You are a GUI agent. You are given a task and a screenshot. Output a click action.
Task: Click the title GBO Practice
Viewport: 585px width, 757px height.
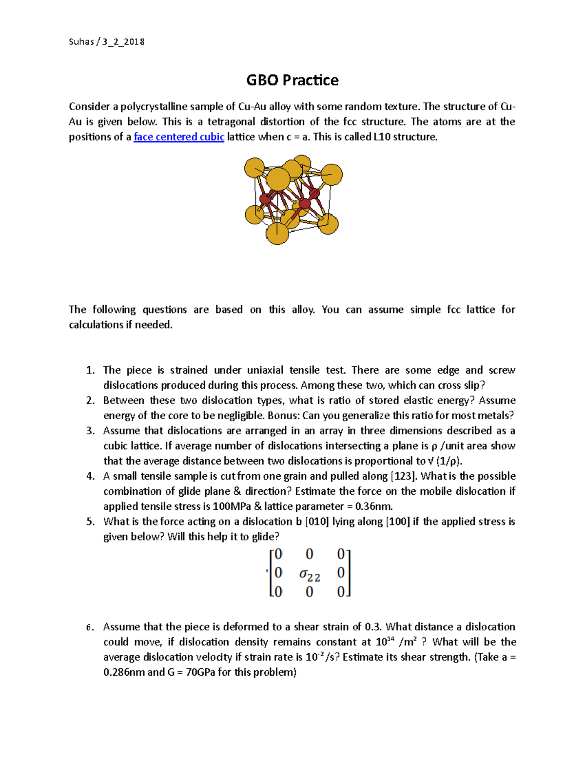(292, 80)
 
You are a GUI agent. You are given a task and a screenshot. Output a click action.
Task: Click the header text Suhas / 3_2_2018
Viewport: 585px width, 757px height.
(106, 42)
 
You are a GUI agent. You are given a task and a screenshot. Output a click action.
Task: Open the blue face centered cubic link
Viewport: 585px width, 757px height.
(179, 137)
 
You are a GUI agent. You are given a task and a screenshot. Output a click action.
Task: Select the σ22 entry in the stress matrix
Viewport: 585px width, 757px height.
(310, 575)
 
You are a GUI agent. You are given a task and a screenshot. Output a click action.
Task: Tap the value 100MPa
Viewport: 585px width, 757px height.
(232, 506)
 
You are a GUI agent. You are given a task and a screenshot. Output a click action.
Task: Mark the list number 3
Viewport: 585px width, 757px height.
(90, 431)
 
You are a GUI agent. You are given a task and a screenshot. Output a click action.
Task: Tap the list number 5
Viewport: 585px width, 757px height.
(90, 522)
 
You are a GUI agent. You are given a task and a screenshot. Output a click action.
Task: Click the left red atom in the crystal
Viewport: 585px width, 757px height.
(265, 198)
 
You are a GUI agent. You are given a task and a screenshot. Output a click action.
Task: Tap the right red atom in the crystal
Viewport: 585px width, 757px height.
(305, 203)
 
